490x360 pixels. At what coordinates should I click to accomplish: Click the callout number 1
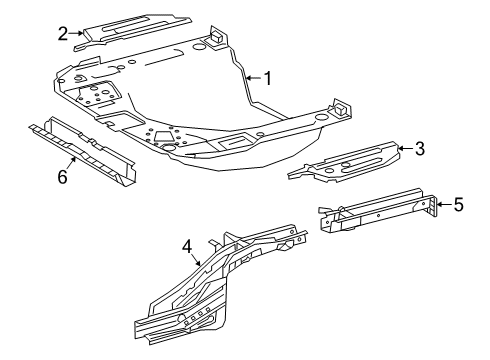[266, 75]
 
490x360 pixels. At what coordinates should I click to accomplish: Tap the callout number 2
[62, 33]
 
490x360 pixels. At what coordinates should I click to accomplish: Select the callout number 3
[420, 150]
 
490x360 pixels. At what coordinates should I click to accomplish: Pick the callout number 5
[458, 205]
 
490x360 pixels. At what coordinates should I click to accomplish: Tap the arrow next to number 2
[76, 33]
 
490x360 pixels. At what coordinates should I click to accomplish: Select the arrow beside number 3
[405, 150]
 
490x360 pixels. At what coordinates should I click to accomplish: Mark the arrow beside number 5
[443, 205]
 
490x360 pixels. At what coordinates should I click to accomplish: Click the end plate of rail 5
[432, 212]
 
